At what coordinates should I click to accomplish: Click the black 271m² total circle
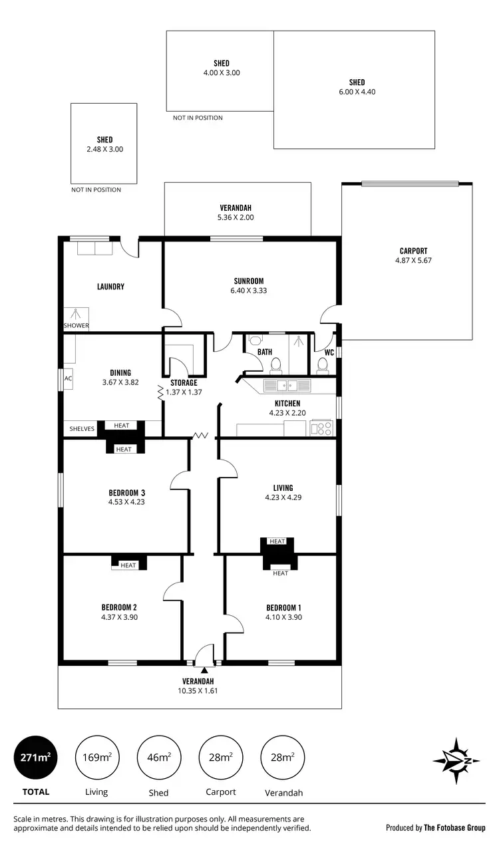tap(35, 758)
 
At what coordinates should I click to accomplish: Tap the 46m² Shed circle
tap(158, 758)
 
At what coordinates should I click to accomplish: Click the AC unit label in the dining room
tap(68, 378)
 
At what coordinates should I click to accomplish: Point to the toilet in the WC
tap(323, 364)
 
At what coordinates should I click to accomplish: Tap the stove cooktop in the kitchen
tap(321, 428)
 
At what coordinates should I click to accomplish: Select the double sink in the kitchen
tap(287, 385)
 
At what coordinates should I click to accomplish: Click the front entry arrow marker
tap(205, 670)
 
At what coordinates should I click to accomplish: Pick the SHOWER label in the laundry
tap(76, 326)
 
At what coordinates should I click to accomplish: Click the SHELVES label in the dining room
tap(82, 429)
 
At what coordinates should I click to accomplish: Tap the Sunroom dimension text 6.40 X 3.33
tap(249, 291)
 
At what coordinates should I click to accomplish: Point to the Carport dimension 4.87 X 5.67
tap(413, 261)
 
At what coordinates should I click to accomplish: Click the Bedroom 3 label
tap(126, 493)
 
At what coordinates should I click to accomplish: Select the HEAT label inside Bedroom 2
tap(128, 565)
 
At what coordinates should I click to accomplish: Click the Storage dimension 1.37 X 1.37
tap(183, 392)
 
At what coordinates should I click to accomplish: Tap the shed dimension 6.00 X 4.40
tap(357, 92)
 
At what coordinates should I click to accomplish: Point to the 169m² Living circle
tap(96, 758)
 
